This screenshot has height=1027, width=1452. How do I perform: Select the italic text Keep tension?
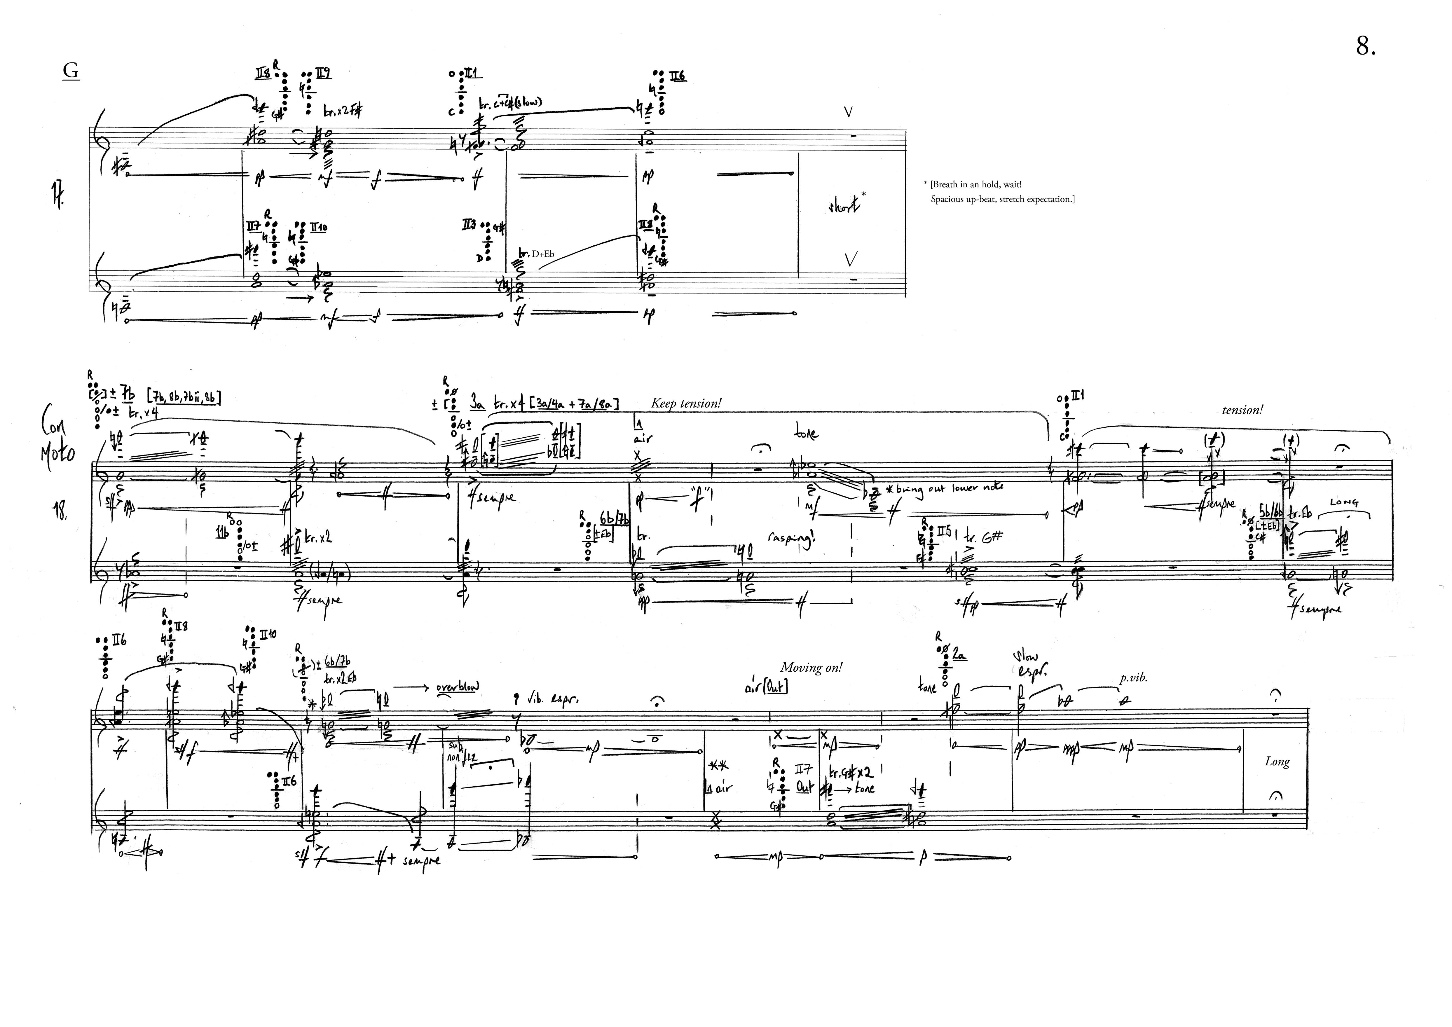coord(686,404)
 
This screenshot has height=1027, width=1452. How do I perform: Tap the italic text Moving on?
coord(811,667)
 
